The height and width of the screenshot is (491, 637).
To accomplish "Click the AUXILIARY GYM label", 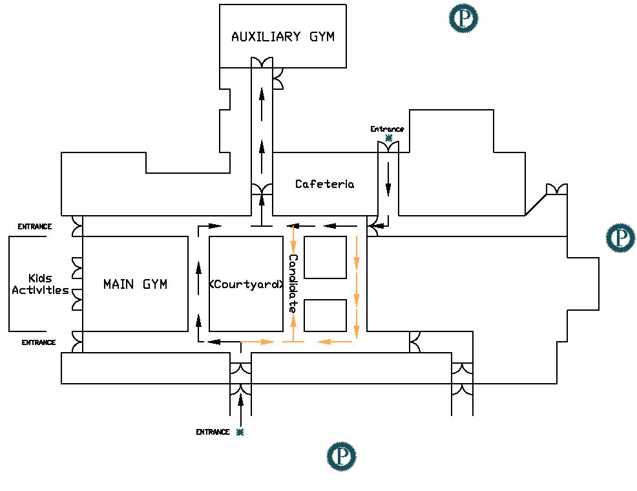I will [283, 37].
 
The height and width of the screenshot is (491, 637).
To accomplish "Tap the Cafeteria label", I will [324, 184].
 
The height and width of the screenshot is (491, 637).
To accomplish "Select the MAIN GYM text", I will [135, 284].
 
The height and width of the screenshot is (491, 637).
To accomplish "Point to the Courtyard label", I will [247, 284].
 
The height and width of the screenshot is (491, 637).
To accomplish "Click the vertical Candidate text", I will [293, 284].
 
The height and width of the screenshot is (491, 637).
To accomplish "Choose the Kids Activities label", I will [40, 284].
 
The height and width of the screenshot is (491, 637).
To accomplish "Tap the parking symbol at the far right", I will [620, 238].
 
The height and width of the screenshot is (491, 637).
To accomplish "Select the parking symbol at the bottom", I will [341, 455].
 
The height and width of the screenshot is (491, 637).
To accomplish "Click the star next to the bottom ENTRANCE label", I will [240, 432].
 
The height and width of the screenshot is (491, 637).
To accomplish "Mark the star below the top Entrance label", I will [388, 138].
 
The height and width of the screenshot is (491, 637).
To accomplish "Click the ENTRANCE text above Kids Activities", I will [34, 227].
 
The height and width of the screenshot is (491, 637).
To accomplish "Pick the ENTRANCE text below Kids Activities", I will [38, 342].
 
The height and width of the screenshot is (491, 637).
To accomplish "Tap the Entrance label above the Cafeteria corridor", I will [387, 129].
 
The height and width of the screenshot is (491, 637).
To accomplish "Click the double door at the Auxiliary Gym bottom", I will [262, 63].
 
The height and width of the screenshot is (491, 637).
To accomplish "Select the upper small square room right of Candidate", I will [325, 257].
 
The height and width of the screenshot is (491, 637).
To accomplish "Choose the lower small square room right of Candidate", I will [325, 315].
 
